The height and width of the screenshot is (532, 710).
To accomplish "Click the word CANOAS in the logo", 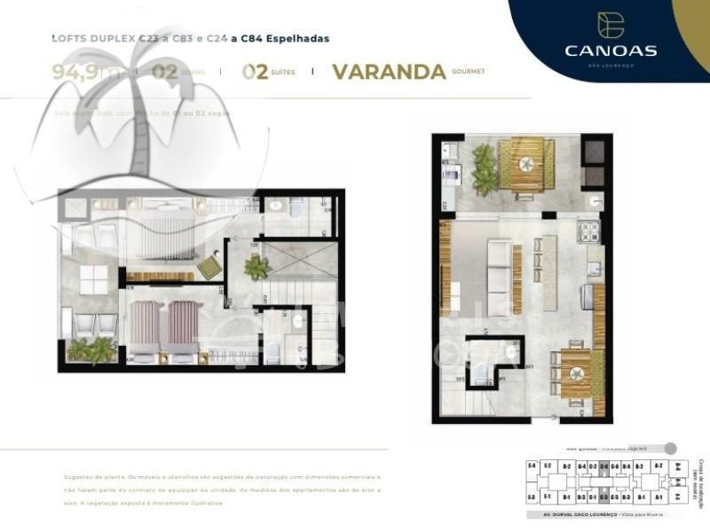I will [611, 51].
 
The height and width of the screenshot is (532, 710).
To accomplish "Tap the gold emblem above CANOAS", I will [611, 26].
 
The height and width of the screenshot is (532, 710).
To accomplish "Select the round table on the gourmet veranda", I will [527, 163].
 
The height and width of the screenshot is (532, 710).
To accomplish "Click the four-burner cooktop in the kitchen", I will [590, 232].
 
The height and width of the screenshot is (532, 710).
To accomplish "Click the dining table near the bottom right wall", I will [574, 370].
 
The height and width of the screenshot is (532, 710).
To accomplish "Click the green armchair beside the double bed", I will [210, 266].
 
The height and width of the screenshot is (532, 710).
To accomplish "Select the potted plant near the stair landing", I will [256, 267].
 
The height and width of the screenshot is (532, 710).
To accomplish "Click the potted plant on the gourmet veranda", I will [485, 168].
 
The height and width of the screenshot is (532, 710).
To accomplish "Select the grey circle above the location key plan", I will [670, 449].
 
